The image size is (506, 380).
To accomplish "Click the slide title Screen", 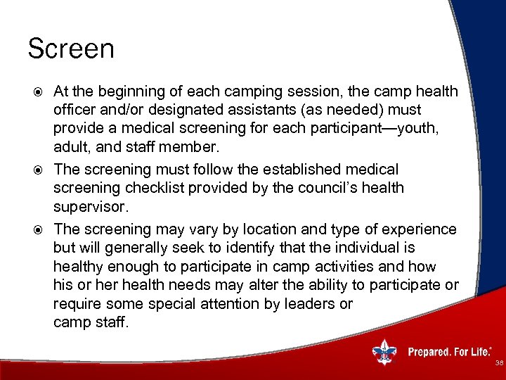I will pyautogui.click(x=70, y=49).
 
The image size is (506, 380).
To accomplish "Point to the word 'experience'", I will pyautogui.click(x=420, y=229).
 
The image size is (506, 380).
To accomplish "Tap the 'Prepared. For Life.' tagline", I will pyautogui.click(x=449, y=352).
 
